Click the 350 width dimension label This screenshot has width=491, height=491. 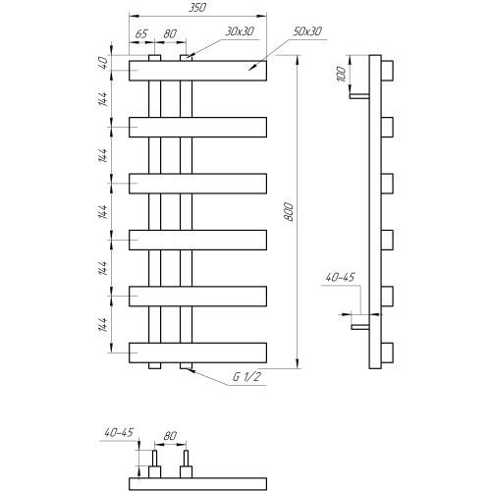(197, 8)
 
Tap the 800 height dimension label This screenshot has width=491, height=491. (289, 212)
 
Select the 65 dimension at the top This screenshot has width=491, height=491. (141, 33)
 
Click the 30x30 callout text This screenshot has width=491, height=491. (240, 31)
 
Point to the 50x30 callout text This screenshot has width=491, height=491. (307, 31)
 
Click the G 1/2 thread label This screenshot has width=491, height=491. (246, 377)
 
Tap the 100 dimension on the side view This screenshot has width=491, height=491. (341, 74)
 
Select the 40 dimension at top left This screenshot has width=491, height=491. (103, 63)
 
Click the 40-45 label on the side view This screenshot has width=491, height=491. (340, 277)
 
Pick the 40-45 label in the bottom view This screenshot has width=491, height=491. (119, 432)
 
